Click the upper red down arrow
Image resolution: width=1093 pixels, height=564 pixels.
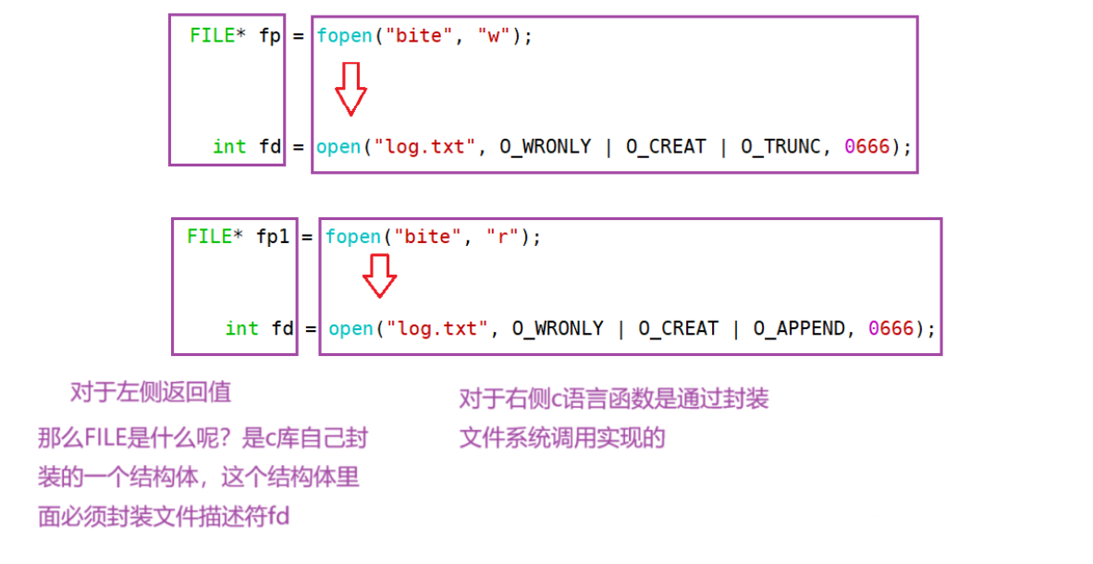coord(350,89)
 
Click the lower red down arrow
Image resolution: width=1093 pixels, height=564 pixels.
coord(379,276)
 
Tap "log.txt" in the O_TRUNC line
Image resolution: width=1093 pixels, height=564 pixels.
coord(424,147)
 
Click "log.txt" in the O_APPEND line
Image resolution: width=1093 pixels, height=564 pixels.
coord(436,329)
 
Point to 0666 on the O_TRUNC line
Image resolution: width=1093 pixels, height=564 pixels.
coord(866,147)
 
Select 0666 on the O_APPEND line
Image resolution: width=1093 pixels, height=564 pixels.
coord(890,329)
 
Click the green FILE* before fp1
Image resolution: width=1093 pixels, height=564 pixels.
coord(215,237)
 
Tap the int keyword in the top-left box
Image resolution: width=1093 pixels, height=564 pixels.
coord(229,147)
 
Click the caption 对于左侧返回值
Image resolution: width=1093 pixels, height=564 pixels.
coord(151,392)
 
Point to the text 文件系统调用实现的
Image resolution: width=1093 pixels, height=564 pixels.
coord(562,438)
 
